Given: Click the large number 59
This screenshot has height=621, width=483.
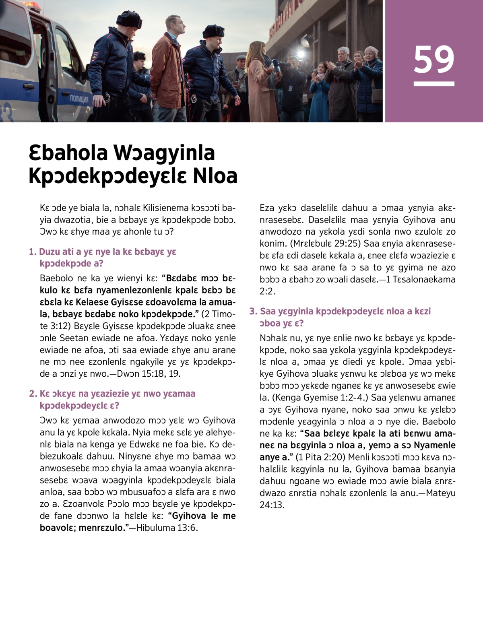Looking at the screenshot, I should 433,59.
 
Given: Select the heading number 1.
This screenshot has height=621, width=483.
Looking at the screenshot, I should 33,252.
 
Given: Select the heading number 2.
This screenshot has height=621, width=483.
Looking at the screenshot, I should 33,394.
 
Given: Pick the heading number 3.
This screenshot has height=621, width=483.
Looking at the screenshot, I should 253,311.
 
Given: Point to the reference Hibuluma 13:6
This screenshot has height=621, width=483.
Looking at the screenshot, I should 167,528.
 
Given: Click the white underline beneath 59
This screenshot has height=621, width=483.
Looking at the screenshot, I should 433,84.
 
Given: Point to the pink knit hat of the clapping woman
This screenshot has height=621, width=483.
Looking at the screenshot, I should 371,51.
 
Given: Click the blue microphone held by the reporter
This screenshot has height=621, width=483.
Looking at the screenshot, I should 276,65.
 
